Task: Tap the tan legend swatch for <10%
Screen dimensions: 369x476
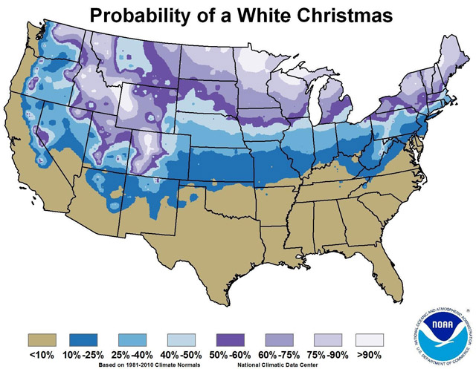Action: (x=43, y=324)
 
